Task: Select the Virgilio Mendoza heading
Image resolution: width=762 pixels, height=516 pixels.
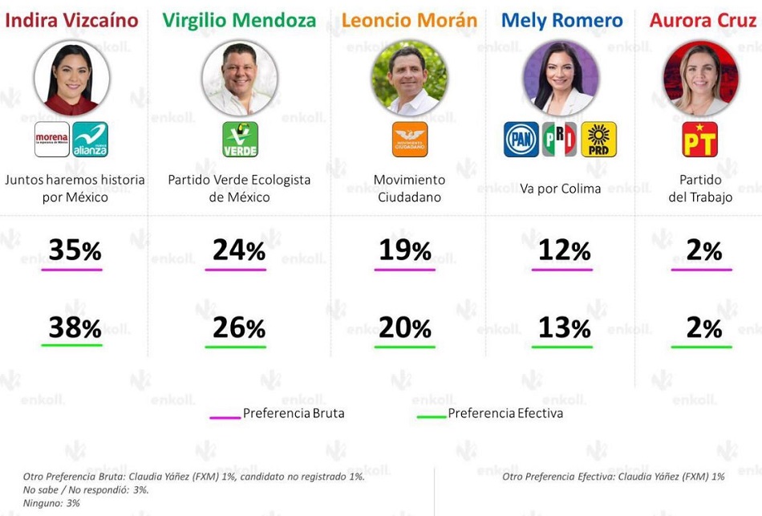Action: coord(239,20)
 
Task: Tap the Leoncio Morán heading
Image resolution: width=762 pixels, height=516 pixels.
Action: coord(410,20)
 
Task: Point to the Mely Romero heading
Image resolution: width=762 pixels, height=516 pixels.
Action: coord(561,20)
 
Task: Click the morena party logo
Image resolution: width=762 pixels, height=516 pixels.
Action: coord(51,140)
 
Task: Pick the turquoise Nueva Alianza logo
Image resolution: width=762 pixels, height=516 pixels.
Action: coord(90,140)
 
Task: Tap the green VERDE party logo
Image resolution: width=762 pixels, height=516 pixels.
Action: coord(240,140)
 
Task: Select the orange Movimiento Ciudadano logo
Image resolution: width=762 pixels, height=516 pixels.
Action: coord(410,140)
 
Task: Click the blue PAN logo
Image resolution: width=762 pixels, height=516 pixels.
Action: coord(521,140)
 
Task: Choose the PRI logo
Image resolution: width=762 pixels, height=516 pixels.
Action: coord(560,140)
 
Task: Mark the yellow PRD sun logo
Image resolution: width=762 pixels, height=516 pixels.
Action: coord(598,140)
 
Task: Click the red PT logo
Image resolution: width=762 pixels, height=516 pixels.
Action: coord(699,140)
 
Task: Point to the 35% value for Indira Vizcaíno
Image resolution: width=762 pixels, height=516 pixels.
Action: coord(75,250)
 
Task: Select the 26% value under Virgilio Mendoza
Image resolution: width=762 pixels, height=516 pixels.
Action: coord(239,327)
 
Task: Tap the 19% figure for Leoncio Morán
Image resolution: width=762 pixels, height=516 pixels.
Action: coord(405,250)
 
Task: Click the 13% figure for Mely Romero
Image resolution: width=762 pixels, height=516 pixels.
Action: coord(564,327)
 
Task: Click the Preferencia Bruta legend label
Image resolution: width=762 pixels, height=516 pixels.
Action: coord(294,413)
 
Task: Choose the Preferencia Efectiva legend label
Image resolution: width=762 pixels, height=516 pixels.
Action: coord(505,413)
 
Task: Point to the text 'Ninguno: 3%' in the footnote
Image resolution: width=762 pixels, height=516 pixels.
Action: coord(51,503)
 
